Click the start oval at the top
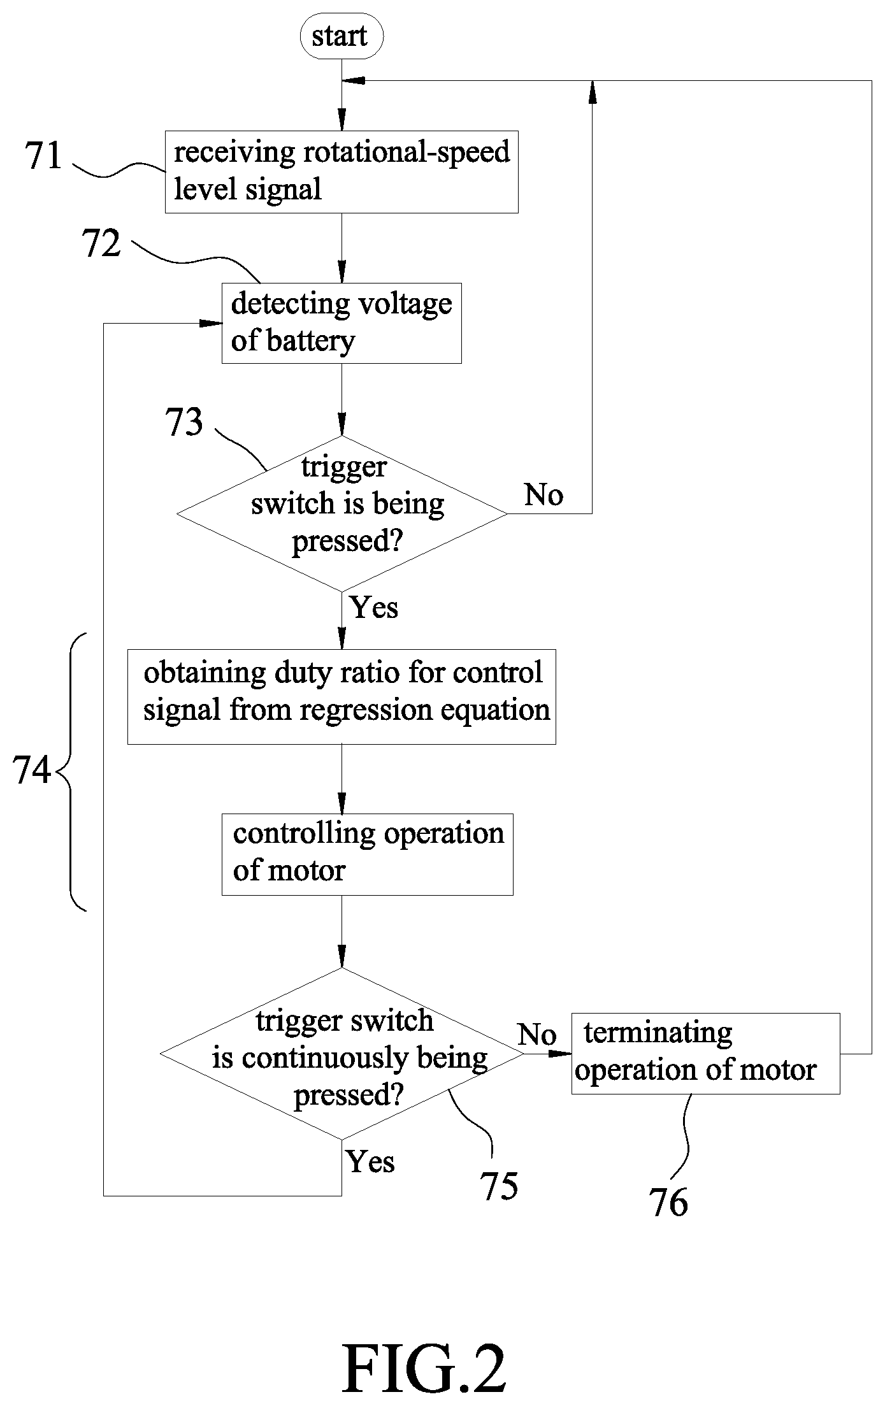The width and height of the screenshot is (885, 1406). pos(342,37)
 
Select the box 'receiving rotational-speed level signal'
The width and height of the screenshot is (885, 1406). pos(342,171)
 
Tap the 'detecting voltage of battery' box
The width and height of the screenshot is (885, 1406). pos(342,323)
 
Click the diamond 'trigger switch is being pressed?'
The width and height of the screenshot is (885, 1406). pos(342,513)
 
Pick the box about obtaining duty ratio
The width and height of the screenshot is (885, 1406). pos(342,697)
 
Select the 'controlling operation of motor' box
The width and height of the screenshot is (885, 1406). pos(368,854)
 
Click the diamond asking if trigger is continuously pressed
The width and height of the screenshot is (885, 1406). pos(342,1054)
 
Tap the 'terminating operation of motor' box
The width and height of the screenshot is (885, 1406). pos(705,1054)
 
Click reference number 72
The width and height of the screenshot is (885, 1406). pos(101,243)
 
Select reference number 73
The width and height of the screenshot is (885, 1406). pos(184,422)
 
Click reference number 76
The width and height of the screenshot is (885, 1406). pos(669,1203)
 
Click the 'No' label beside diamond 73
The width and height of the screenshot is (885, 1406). pos(543,495)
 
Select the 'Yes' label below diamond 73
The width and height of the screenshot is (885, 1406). pos(374,607)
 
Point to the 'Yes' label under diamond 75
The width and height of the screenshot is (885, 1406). pos(371,1161)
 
